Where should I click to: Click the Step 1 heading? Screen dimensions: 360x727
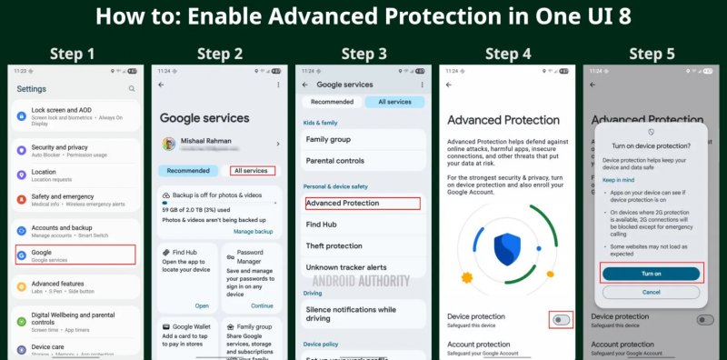click(x=72, y=54)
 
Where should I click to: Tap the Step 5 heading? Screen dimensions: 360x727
click(x=651, y=54)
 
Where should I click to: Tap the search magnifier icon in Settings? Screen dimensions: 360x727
click(x=132, y=89)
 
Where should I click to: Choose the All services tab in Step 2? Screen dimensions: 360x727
click(x=250, y=170)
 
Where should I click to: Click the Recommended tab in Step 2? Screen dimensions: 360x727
click(x=188, y=170)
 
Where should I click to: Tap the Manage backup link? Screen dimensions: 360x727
click(x=253, y=232)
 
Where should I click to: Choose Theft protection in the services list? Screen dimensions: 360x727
click(x=334, y=245)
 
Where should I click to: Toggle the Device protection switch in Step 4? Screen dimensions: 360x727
click(x=561, y=319)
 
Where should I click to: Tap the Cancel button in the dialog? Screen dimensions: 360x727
click(x=651, y=292)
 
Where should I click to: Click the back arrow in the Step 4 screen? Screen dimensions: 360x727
click(x=448, y=85)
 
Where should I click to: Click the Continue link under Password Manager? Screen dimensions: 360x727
click(x=262, y=305)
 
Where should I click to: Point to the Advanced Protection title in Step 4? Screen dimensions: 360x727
click(x=503, y=120)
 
